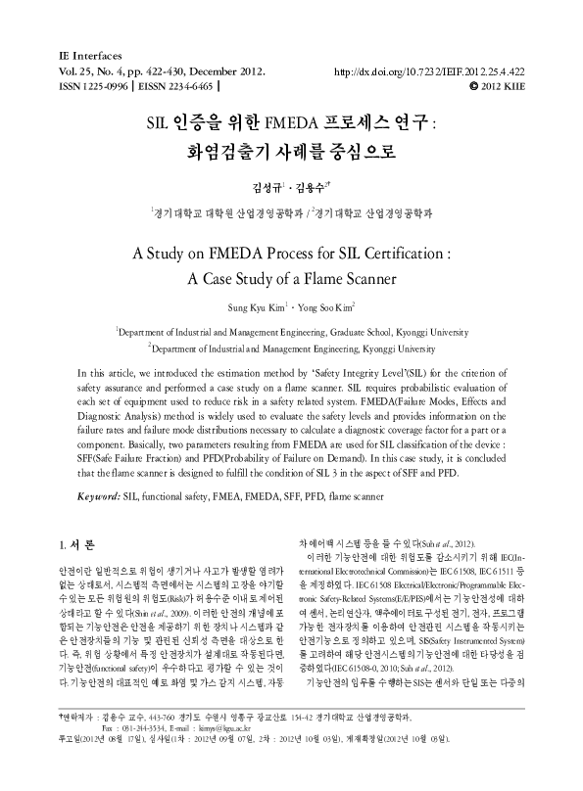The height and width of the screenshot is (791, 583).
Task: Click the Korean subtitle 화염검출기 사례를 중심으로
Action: [290, 153]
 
